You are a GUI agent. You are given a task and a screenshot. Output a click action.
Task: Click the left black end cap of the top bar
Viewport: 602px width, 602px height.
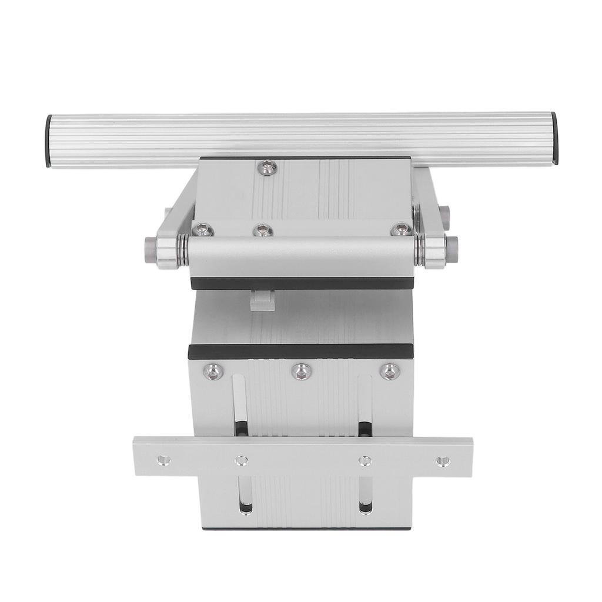click(x=48, y=141)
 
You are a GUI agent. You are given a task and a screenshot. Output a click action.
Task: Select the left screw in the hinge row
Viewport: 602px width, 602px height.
click(x=202, y=230)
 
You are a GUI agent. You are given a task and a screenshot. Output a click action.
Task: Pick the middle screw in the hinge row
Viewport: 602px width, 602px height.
click(x=263, y=230)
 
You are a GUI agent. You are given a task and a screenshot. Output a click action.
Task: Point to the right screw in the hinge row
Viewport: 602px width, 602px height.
click(x=402, y=229)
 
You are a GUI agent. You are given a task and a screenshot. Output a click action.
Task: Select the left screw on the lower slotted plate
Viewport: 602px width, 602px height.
click(x=213, y=371)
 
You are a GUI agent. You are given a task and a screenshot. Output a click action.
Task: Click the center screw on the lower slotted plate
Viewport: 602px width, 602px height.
click(x=302, y=371)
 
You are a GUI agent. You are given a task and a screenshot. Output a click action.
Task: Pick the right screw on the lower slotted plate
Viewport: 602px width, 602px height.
click(x=389, y=371)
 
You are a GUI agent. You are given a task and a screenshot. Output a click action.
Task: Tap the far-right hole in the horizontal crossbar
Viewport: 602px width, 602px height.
click(x=443, y=461)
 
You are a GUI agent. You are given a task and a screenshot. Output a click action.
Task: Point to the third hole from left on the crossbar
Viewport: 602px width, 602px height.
click(x=365, y=460)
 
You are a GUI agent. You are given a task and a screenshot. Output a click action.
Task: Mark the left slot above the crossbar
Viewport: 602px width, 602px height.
click(x=240, y=406)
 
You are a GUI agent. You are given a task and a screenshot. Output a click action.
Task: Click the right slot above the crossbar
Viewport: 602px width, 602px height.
click(x=364, y=406)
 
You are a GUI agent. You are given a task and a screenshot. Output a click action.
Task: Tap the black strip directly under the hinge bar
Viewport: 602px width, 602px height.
click(x=302, y=283)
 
